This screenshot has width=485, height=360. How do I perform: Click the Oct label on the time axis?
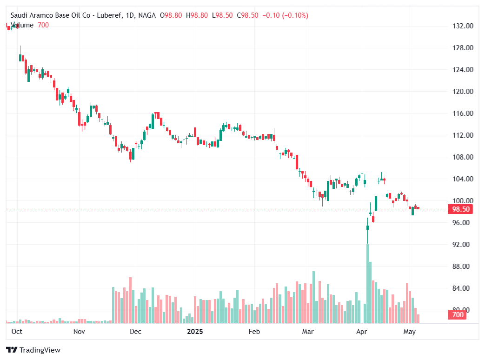pos(17,332)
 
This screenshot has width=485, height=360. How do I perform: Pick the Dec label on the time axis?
pos(135,332)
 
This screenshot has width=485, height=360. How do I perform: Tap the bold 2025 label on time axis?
pos(195,332)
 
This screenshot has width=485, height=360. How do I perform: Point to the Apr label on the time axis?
pos(361,332)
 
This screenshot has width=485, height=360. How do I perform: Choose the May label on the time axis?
pos(409,332)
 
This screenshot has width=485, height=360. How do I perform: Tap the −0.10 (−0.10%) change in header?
pos(285,15)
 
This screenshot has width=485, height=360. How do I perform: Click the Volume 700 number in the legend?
pos(43,25)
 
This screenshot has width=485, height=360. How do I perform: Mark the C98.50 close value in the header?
pos(247,15)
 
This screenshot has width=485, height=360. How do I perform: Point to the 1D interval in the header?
pos(131,15)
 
